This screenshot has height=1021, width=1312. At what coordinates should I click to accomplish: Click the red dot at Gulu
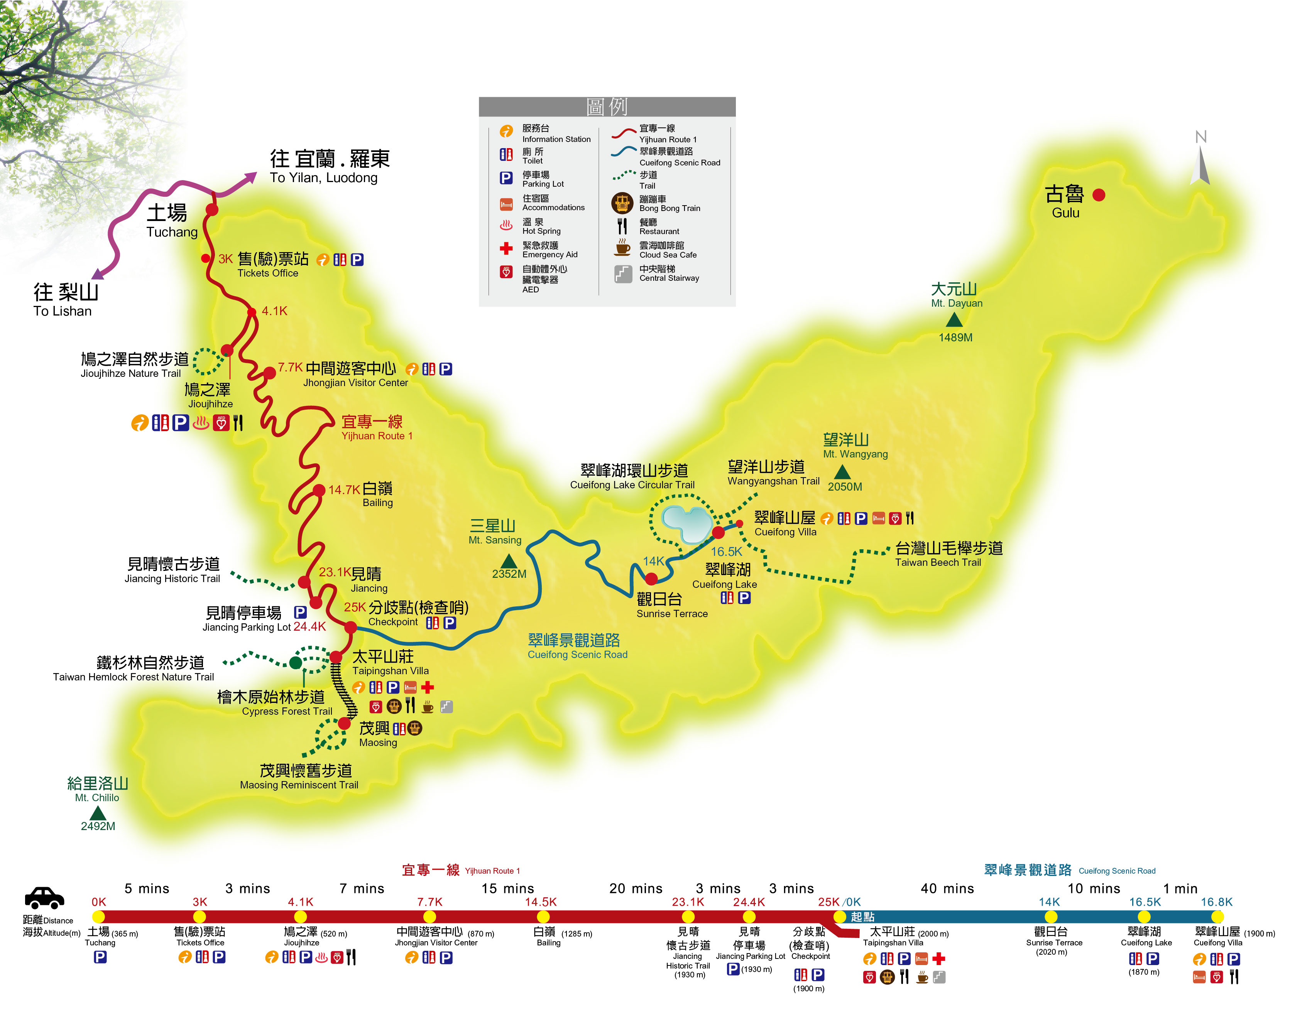1099,194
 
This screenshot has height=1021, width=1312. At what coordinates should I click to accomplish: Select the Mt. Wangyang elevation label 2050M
845,487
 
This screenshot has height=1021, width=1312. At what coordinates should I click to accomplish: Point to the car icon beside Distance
44,898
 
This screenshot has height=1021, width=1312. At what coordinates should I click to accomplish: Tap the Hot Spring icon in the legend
506,226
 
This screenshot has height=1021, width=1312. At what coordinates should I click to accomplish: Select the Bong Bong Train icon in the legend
622,203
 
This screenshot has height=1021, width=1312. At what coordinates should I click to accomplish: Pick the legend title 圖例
607,107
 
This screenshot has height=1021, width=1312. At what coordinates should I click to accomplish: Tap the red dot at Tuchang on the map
212,209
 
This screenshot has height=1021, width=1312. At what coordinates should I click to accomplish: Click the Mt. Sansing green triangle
509,561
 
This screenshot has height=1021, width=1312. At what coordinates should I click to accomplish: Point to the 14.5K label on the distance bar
541,902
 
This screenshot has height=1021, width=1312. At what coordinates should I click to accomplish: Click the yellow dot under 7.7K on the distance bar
429,916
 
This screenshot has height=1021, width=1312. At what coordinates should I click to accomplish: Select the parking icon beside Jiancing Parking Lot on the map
300,612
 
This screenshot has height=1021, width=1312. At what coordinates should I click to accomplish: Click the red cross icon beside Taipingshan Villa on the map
427,687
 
